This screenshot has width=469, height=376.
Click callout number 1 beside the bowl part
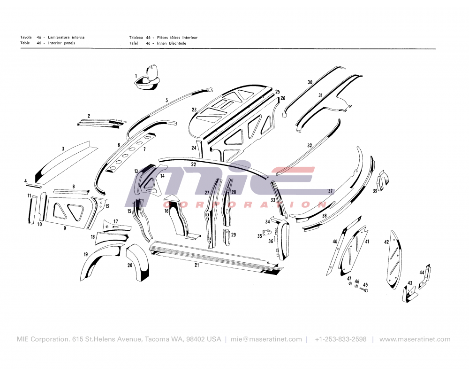click(136, 76)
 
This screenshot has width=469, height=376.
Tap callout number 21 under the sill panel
click(197, 265)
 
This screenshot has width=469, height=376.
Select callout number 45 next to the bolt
click(366, 285)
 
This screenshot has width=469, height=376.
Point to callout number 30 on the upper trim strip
click(310, 82)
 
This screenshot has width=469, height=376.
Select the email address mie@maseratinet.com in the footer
click(266, 339)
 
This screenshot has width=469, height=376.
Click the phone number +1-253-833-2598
click(340, 339)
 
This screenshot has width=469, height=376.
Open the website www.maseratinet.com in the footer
click(415, 339)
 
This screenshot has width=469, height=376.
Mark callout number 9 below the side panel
click(65, 229)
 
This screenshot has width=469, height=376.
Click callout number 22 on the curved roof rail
click(194, 164)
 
